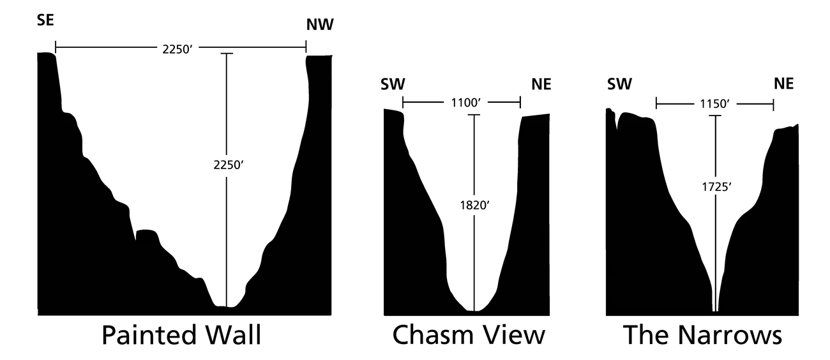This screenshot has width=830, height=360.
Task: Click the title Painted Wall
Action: click(x=181, y=336)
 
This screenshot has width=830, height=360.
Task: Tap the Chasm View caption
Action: click(x=469, y=336)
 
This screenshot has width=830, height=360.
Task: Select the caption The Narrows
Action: click(x=702, y=336)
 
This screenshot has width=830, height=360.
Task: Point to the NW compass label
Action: click(x=320, y=26)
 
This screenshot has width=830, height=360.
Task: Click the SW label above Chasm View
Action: click(x=393, y=84)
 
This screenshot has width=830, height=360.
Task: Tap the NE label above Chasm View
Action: click(x=540, y=84)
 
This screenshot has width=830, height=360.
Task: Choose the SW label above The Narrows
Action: click(x=619, y=84)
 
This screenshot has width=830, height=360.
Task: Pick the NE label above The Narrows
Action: click(x=783, y=84)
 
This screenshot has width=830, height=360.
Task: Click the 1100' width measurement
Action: click(x=462, y=101)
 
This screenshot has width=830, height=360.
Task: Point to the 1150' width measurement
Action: click(x=715, y=101)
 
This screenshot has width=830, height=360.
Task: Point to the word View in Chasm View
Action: click(x=517, y=336)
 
